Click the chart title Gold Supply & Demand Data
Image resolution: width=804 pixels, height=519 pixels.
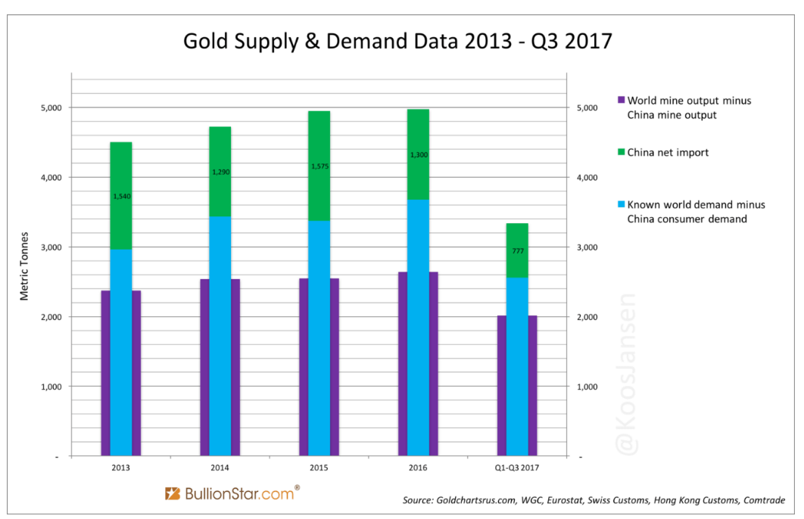coord(397,41)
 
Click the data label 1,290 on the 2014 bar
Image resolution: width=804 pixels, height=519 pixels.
coord(220,172)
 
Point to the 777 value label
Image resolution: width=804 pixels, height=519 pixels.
coord(517,251)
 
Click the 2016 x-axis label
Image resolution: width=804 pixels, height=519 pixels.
coord(418,468)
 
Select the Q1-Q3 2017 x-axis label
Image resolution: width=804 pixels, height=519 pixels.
coord(517,468)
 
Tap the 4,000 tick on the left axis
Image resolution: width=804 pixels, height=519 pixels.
coord(51,177)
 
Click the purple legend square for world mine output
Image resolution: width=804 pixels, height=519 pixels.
coord(621,100)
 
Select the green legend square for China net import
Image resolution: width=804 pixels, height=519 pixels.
coord(621,152)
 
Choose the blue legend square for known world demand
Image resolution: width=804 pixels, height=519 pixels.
coord(621,204)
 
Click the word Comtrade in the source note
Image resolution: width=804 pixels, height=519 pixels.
coord(762,500)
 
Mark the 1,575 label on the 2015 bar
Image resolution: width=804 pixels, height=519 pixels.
coord(319,166)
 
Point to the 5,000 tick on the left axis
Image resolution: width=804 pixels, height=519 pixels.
coord(51,107)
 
